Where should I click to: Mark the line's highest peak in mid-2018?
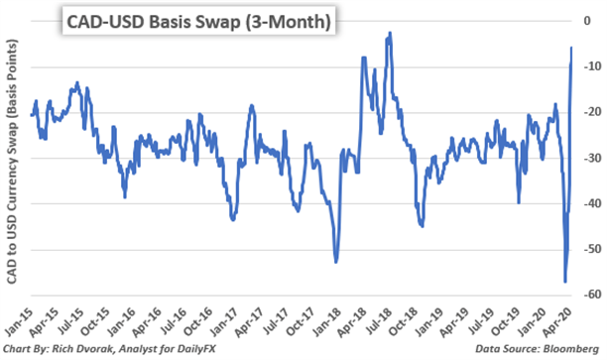390,33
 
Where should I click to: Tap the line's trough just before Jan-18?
336,262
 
